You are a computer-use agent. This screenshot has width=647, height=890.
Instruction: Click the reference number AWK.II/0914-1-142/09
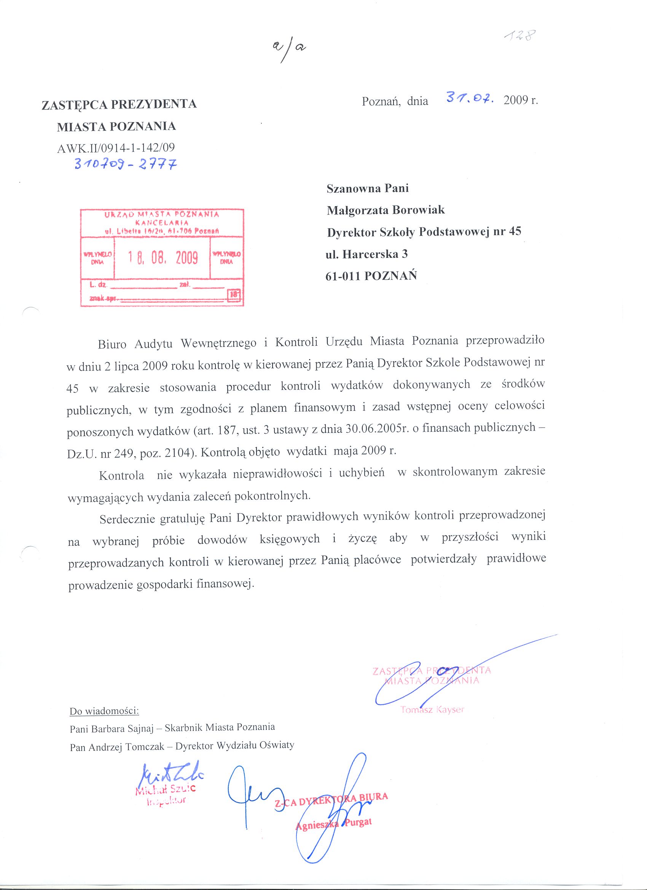tap(116, 148)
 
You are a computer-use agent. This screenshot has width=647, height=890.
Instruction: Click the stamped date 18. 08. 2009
tap(163, 257)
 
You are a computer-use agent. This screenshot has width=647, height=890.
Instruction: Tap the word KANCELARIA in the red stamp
tap(162, 222)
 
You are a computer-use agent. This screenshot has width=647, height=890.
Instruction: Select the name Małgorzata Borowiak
tap(386, 210)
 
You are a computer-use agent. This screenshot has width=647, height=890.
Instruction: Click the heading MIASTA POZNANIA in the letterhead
tap(116, 126)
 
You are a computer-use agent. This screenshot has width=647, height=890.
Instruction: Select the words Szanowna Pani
tap(368, 188)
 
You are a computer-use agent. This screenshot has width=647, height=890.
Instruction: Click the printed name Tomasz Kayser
tap(432, 709)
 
